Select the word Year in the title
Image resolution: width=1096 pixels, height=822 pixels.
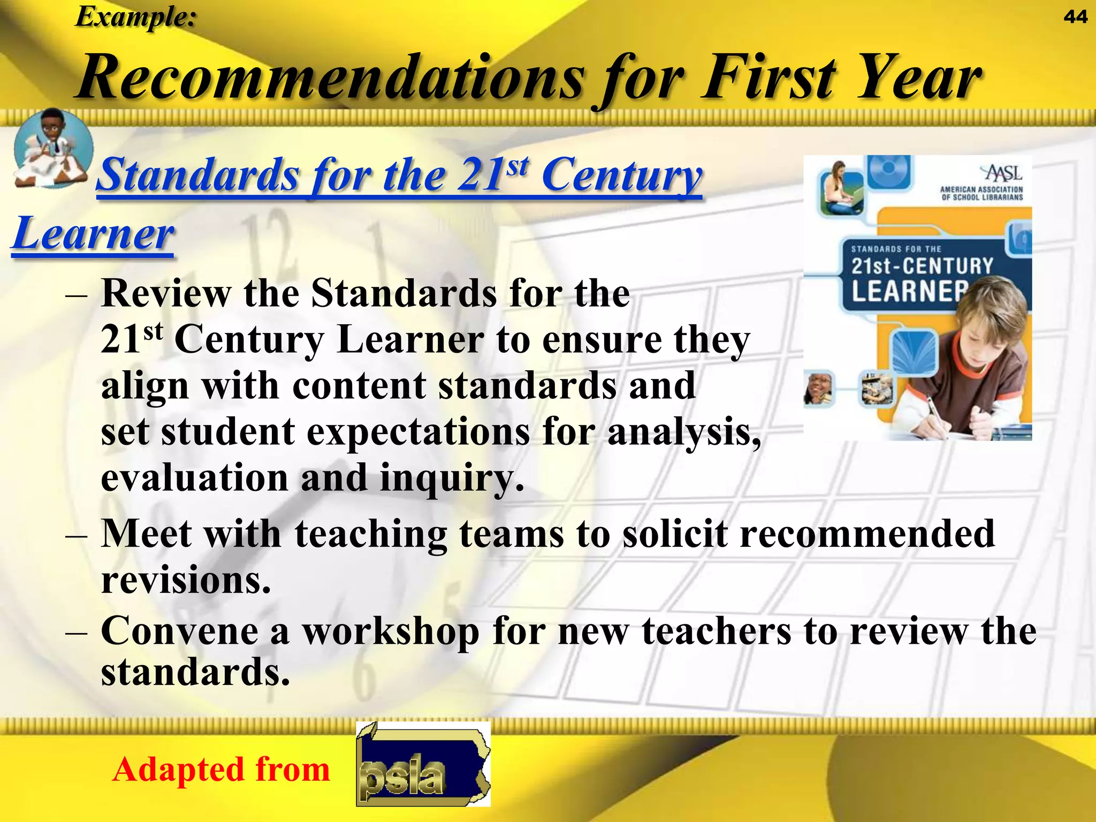919,78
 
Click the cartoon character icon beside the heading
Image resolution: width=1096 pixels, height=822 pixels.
52,148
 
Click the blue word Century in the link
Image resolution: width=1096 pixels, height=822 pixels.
621,176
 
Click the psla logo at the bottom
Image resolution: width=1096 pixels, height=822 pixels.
423,764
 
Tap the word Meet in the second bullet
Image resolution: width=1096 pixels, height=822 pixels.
146,534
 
